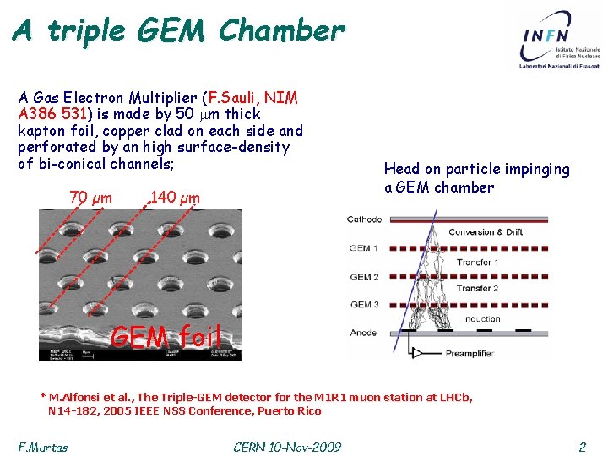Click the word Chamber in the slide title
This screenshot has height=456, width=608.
281,31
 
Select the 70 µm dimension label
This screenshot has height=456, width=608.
90,198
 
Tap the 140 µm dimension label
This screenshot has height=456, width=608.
175,198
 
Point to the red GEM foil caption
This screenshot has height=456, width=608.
166,337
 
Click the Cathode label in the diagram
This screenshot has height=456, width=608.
364,220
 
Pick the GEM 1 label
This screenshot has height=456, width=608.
364,248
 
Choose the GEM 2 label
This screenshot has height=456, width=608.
364,277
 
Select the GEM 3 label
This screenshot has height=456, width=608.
364,305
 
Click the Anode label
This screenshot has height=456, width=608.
362,333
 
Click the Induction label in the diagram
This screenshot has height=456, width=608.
481,318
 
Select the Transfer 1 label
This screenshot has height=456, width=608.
478,263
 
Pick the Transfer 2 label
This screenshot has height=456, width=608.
478,290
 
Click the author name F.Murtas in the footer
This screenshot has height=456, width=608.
42,446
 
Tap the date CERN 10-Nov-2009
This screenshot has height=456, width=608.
287,446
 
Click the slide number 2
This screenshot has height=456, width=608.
582,446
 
